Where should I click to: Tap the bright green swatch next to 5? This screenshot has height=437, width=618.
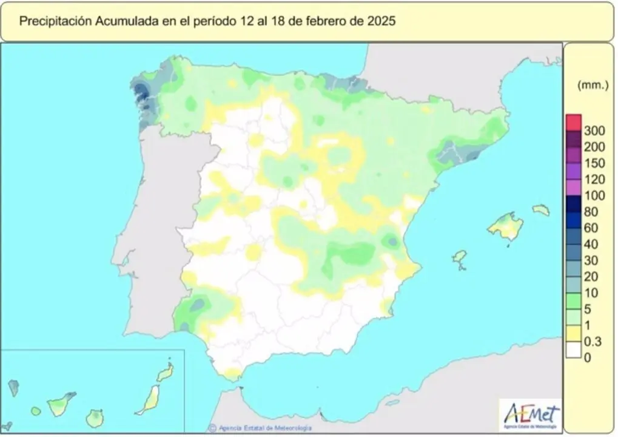point(573,300)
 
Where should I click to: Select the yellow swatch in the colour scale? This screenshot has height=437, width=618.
point(573,333)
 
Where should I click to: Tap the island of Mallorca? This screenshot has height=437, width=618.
point(506,226)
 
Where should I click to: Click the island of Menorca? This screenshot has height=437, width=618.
point(541,210)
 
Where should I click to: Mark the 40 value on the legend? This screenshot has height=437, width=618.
point(591,245)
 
